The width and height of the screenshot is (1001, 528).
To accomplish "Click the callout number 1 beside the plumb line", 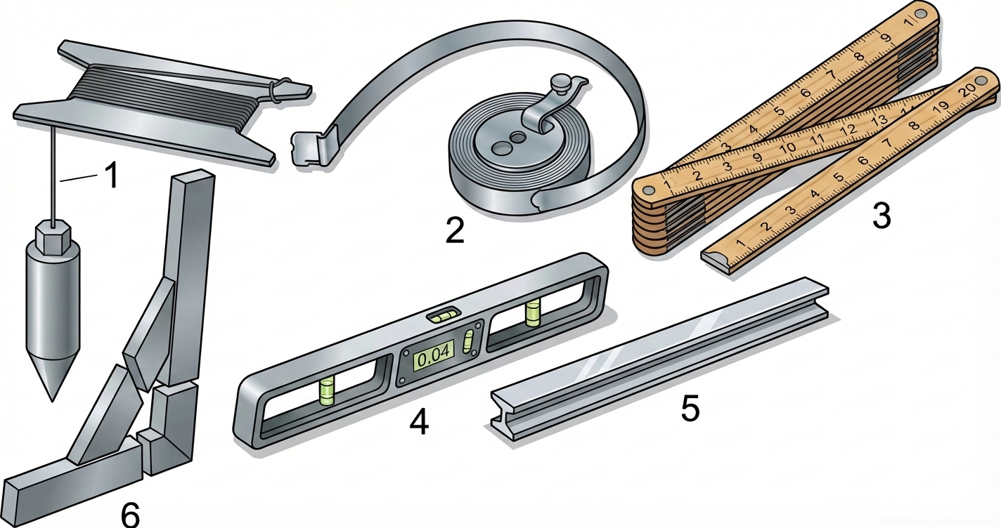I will click(112, 176).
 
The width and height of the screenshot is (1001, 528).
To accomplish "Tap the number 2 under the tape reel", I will click(456, 230).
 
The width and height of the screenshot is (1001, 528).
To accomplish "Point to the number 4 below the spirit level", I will click(419, 422).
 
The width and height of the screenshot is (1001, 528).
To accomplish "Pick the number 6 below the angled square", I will click(130, 515).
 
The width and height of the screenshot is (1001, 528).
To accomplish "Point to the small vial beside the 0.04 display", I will click(468, 344).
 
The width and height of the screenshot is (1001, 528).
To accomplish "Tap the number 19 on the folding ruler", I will click(941, 105).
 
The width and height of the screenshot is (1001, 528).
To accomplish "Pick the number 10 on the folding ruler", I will click(788, 147).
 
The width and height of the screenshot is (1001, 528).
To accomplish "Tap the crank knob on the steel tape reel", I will click(562, 83).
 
